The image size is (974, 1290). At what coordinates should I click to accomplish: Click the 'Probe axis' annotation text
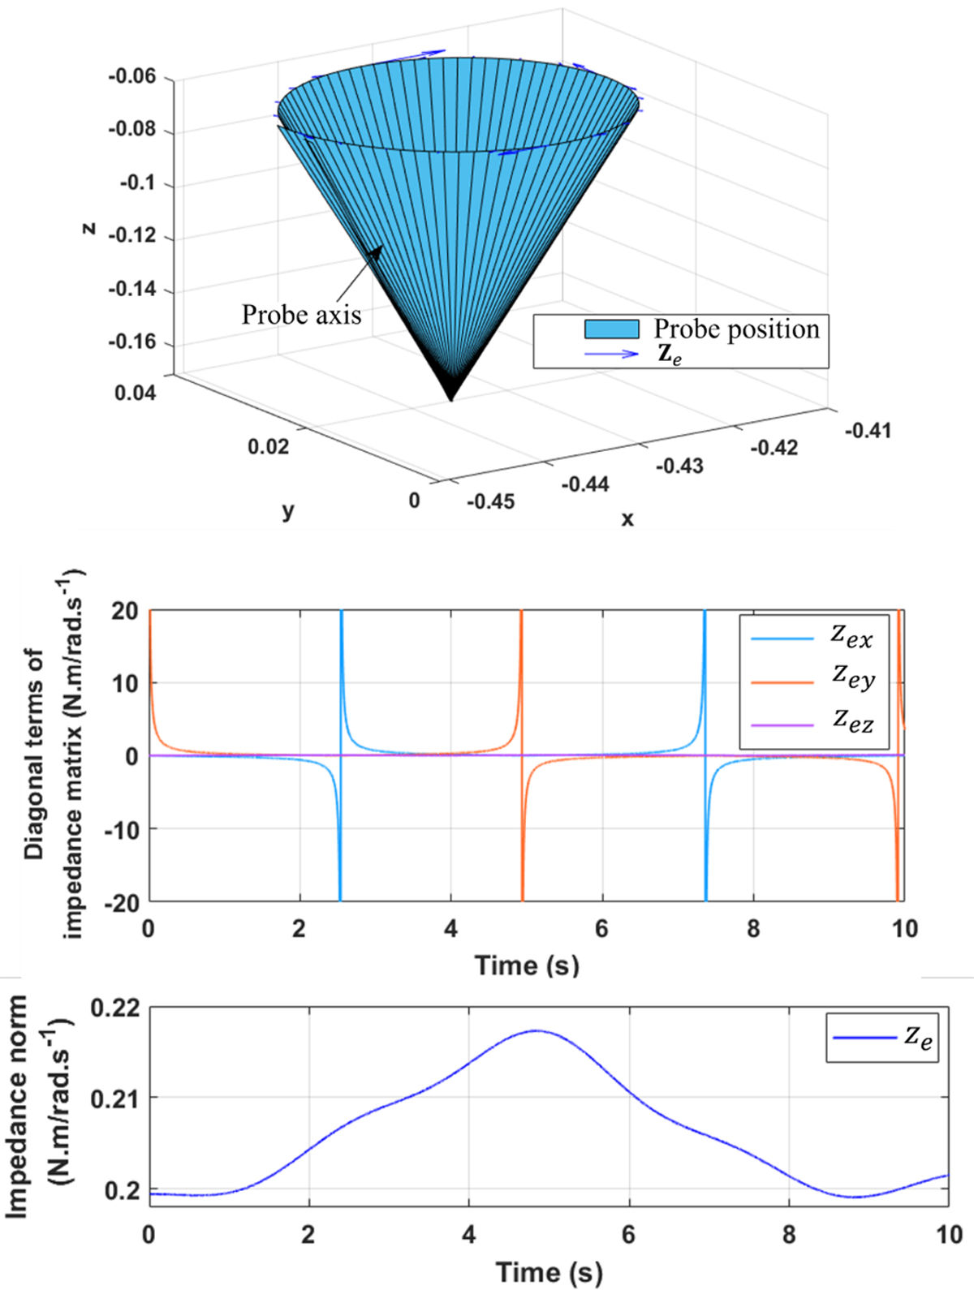(x=302, y=315)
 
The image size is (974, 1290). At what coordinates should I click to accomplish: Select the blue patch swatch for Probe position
(x=611, y=329)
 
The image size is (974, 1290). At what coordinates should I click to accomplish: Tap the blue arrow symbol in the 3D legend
(x=611, y=354)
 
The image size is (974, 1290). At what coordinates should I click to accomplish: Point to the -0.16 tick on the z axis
(x=134, y=342)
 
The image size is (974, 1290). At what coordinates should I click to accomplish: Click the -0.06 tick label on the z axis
(x=134, y=76)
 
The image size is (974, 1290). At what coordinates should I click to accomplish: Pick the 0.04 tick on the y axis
(x=136, y=393)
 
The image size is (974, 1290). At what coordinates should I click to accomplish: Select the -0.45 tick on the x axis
(x=490, y=501)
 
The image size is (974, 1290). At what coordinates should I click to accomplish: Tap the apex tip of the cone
(x=450, y=401)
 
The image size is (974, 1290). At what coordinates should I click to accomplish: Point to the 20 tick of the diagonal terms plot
(x=126, y=611)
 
